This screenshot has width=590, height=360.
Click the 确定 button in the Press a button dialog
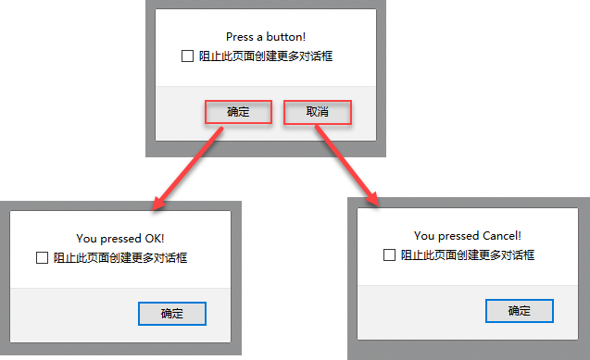pos(238,112)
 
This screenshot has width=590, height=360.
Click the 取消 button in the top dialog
pos(318,112)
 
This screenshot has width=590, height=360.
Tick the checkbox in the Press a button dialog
pos(187,56)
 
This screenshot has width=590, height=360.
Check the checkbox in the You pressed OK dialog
pos(43,258)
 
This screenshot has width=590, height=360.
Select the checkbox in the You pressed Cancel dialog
pos(389,254)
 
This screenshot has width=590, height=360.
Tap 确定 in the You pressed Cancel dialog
pos(520,311)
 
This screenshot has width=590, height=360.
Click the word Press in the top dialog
pos(240,37)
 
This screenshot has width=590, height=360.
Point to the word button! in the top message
pos(286,37)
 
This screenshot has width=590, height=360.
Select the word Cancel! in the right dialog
pos(502,236)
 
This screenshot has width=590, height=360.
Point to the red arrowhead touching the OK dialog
pos(158,204)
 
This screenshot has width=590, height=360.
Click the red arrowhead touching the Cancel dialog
pos(372,198)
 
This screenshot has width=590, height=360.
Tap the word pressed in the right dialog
pos(458,236)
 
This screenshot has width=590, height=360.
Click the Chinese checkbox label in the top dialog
pos(266,56)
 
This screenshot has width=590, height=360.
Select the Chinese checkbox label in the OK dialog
pos(120,258)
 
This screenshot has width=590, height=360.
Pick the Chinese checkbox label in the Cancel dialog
pos(468,254)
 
